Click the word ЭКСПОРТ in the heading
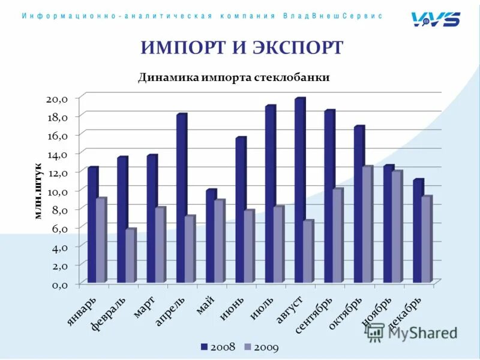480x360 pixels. (x=298, y=48)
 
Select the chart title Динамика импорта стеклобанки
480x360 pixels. (x=234, y=77)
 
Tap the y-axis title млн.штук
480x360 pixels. (x=38, y=191)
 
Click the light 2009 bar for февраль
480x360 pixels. (x=130, y=256)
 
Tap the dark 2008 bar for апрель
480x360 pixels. (x=181, y=198)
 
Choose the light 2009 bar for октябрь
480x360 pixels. (x=367, y=224)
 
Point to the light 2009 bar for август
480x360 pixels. (x=308, y=251)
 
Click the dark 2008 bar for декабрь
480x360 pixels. (x=418, y=231)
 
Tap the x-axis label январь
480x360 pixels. (x=81, y=311)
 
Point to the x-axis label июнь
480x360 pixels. (x=232, y=308)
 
